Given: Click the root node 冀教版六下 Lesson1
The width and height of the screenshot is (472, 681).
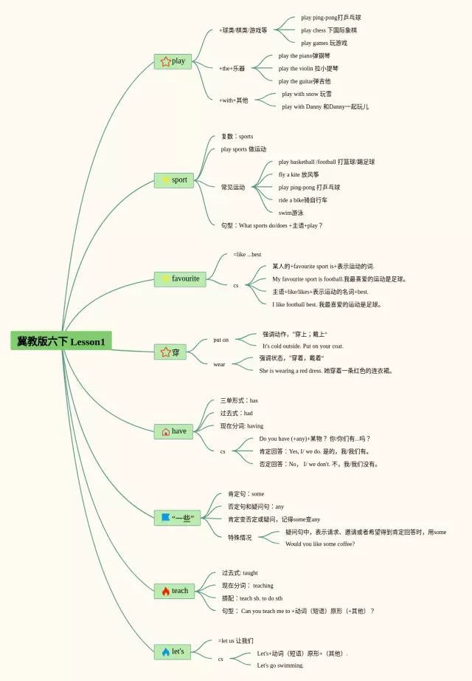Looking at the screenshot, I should [61, 341].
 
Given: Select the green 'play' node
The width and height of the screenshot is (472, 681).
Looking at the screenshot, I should [173, 61].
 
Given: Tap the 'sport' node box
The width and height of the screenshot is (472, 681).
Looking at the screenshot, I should [173, 179].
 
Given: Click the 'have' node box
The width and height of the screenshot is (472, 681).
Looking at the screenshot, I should [173, 431].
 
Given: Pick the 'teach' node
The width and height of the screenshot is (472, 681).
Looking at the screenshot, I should [173, 591].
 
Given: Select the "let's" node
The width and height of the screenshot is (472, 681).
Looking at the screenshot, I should [173, 651].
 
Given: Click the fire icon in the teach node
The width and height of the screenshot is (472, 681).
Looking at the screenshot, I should [165, 591].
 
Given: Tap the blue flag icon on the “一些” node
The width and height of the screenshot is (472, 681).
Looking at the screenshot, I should [165, 519].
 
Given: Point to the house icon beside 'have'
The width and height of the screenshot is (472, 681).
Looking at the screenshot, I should [165, 431].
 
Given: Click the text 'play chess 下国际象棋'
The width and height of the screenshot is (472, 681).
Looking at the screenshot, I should [328, 30].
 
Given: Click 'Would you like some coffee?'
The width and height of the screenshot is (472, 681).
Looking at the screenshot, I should [320, 544].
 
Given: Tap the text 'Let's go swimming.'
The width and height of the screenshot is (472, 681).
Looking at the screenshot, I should [280, 665].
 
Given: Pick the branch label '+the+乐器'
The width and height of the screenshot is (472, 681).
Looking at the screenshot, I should [232, 68].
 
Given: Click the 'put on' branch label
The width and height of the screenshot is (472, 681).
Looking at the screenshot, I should [221, 340].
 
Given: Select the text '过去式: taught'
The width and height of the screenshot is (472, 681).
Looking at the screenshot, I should [240, 572].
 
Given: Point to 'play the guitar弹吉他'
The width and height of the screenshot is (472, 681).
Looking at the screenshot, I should [305, 81].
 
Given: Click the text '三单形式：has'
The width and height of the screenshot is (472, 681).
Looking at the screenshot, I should [238, 400].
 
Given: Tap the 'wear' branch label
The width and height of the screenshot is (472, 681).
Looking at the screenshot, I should [219, 364].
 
